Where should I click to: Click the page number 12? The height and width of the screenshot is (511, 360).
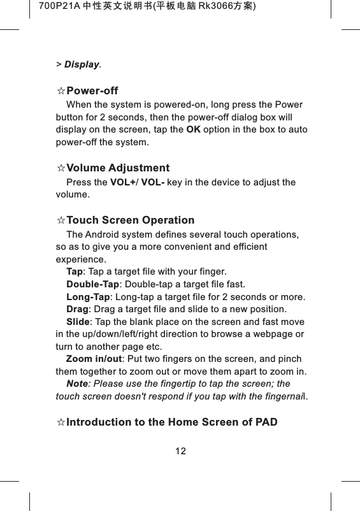click(x=181, y=451)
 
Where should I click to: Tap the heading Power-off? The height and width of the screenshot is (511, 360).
click(x=92, y=91)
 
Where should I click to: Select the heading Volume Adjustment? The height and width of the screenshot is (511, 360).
click(x=118, y=168)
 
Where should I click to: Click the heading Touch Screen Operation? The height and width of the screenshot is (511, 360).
click(x=131, y=220)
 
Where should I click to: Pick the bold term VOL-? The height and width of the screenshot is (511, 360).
click(x=153, y=182)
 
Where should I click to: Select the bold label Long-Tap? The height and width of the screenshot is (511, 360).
click(x=89, y=297)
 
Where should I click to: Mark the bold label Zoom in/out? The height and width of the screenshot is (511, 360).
click(x=94, y=359)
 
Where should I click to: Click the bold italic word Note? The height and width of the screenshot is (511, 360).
click(x=76, y=384)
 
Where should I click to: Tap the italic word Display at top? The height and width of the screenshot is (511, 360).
click(x=82, y=65)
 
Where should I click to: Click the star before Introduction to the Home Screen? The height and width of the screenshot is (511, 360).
click(x=61, y=422)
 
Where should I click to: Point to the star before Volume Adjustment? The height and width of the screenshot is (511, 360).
click(x=61, y=169)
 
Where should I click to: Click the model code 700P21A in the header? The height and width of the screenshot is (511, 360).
click(x=57, y=6)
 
